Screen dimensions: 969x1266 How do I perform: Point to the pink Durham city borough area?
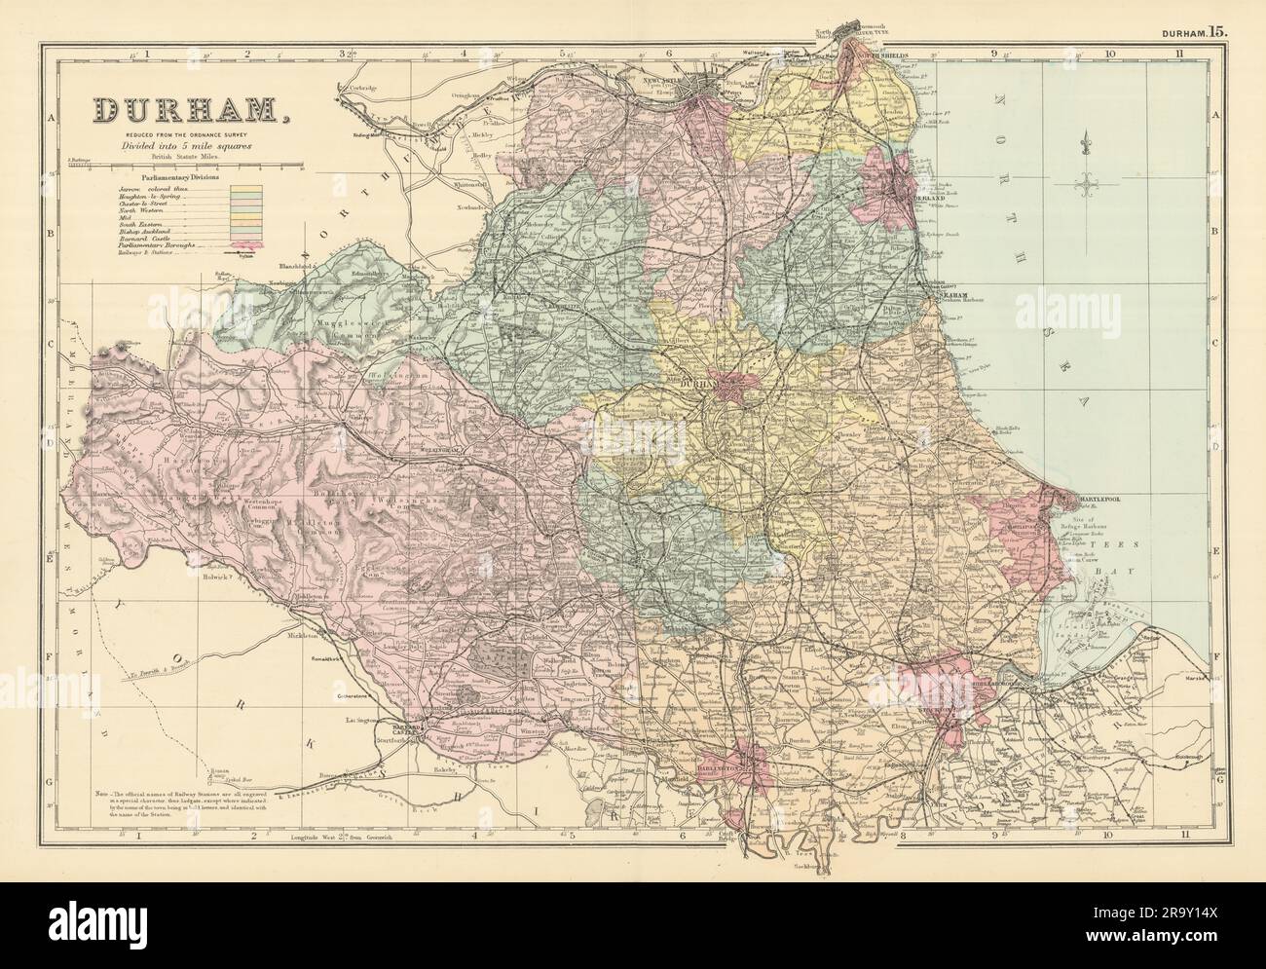click(732, 388)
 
